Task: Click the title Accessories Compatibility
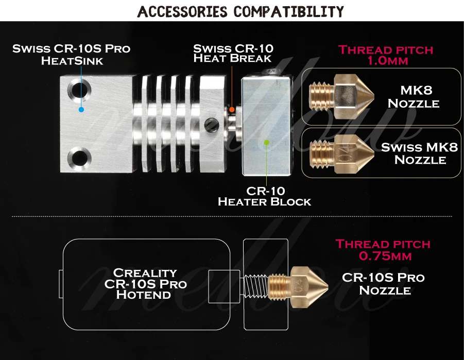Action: coord(240,11)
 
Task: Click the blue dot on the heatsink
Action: coord(81,110)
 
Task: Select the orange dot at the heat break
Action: coord(232,109)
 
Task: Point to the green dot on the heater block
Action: coord(266,142)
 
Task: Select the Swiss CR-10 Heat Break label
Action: coord(233,54)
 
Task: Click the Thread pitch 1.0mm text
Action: coord(386,55)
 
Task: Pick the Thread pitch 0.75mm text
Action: coord(383,249)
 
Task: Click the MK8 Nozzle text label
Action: coord(414,97)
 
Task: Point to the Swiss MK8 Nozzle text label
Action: coord(419,153)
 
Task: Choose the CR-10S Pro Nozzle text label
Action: coord(384,284)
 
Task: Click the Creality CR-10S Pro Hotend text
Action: coord(145,283)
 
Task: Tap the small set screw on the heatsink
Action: coord(209,124)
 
